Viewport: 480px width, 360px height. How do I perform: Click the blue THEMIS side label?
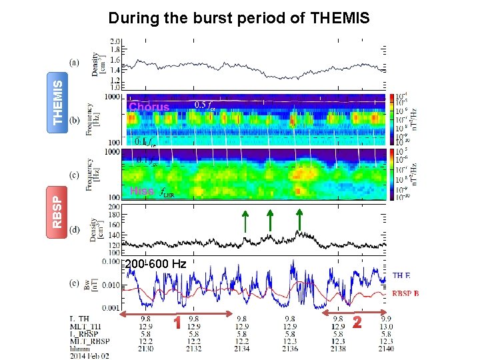[60, 102]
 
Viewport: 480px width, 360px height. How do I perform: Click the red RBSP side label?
[60, 208]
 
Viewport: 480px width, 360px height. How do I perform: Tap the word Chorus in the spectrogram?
[149, 107]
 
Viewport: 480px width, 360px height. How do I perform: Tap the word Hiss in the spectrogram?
[142, 191]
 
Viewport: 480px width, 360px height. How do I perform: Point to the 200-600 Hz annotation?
[155, 265]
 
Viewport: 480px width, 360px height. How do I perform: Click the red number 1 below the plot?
[178, 323]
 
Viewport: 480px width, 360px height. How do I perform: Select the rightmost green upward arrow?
[299, 221]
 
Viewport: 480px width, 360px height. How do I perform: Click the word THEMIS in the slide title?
[340, 18]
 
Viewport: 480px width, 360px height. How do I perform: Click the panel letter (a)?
[75, 63]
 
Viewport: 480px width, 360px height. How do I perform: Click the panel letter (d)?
[75, 229]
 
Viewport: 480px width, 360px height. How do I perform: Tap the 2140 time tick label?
[387, 349]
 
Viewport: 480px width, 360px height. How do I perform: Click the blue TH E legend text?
[402, 275]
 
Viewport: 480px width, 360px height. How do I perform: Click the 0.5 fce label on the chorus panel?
[204, 104]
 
